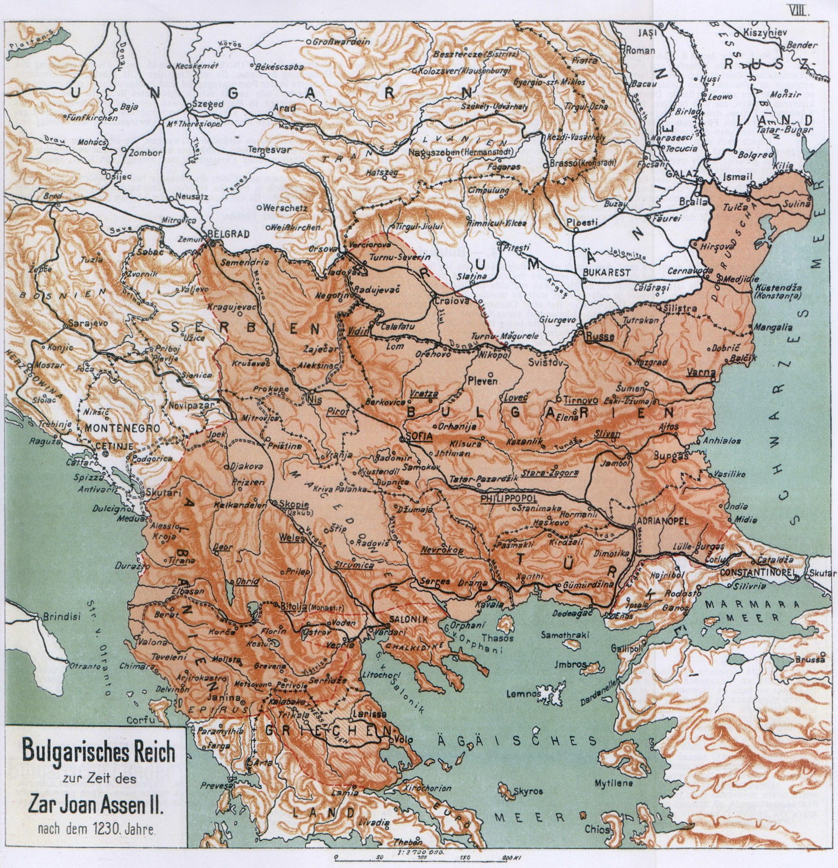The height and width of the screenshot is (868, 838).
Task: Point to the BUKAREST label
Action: tap(609, 272)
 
